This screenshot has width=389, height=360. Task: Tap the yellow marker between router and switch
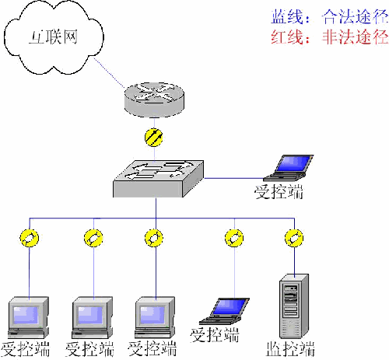[155, 138]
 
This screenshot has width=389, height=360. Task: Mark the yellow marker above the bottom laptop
[233, 237]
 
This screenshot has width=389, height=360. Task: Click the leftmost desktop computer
[27, 315]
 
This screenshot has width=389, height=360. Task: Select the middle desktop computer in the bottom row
[93, 315]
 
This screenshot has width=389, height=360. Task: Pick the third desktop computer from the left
[154, 315]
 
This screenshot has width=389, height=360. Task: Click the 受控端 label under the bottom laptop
[214, 335]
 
